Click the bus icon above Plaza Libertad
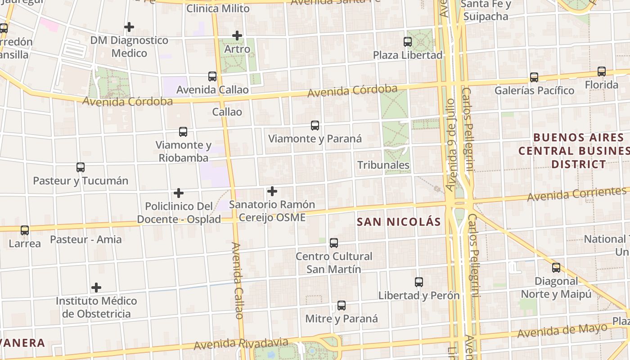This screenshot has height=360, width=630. [408, 42]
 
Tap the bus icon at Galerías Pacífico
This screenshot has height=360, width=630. [534, 77]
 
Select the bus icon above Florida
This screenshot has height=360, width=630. [602, 72]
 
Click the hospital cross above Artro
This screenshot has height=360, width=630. [237, 36]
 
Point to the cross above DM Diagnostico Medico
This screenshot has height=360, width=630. [129, 27]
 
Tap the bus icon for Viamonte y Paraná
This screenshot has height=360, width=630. [315, 126]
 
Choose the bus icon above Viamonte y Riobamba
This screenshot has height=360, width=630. [183, 132]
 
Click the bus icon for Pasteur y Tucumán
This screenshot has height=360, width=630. [81, 167]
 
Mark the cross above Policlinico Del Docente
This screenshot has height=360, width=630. [179, 193]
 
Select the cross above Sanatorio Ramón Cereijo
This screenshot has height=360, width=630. [272, 191]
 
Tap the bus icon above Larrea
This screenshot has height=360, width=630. [25, 230]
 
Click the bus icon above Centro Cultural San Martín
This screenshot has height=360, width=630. [334, 243]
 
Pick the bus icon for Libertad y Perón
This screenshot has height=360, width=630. [419, 282]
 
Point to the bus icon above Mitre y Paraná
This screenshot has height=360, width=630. [342, 306]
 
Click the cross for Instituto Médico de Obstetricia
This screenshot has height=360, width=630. [96, 287]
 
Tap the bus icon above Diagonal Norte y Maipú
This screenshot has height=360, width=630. [556, 268]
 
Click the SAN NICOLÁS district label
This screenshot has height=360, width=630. [399, 222]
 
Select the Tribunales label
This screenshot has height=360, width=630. [383, 165]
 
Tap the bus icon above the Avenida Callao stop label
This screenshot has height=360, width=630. [212, 76]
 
